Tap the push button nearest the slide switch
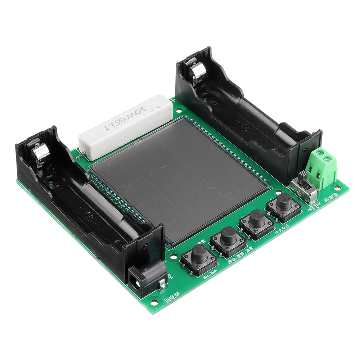point(284,203)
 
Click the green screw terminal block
point(321,168)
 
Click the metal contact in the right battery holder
point(198,72)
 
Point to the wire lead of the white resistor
point(81,154)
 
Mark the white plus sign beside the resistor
point(173,100)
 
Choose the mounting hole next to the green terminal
point(337,188)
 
